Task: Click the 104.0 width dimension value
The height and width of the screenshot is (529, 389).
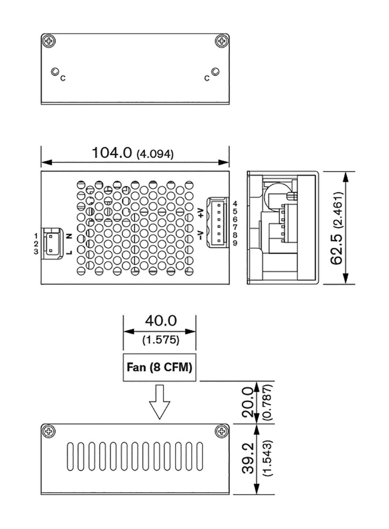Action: coord(112,152)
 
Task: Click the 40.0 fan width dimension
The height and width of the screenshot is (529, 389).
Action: coord(160,320)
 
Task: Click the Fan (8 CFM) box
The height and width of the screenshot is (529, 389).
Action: coord(160,368)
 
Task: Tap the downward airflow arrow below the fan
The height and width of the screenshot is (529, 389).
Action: coord(160,402)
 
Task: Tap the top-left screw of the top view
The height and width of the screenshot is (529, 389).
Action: coord(49,40)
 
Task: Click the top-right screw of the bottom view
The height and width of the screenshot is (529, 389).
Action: coord(222,431)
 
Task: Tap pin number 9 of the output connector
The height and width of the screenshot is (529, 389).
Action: coord(235,243)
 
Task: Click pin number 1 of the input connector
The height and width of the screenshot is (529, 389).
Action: coord(36,236)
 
